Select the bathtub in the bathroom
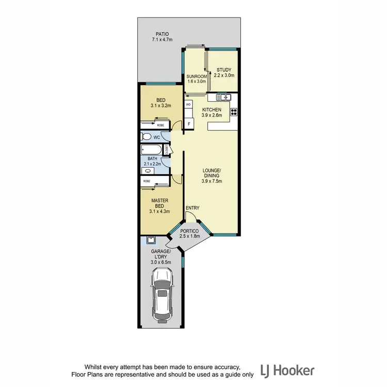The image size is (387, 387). [151, 150]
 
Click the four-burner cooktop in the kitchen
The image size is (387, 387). [233, 111]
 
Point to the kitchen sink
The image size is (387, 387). [223, 97]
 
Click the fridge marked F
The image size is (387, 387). [189, 124]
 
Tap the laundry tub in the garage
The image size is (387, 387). [151, 240]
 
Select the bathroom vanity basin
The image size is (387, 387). [149, 170]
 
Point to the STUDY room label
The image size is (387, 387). [223, 70]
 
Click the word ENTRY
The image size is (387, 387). [192, 208]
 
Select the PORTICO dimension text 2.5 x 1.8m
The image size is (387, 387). [190, 236]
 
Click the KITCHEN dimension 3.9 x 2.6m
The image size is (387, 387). [212, 116]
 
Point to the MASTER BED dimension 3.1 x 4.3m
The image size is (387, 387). [159, 211]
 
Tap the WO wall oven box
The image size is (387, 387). [188, 104]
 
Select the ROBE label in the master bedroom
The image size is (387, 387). [147, 181]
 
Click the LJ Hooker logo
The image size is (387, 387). [287, 370]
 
